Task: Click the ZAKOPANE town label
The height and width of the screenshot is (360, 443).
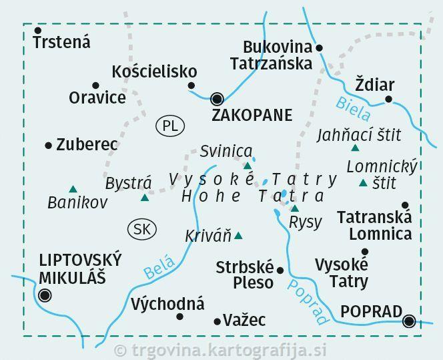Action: pyautogui.click(x=252, y=116)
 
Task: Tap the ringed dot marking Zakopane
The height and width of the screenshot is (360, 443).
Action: pyautogui.click(x=217, y=100)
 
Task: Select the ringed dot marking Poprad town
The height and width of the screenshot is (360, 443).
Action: pyautogui.click(x=410, y=321)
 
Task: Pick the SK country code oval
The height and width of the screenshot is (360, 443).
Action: pyautogui.click(x=141, y=229)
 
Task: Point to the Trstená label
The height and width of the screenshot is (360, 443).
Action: pyautogui.click(x=62, y=42)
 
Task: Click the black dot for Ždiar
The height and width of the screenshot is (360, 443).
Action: pyautogui.click(x=389, y=100)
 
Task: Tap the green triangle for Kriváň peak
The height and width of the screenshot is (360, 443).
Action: pyautogui.click(x=238, y=235)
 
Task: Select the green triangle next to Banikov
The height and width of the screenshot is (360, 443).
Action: pyautogui.click(x=73, y=189)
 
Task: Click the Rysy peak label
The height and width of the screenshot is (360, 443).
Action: pyautogui.click(x=306, y=222)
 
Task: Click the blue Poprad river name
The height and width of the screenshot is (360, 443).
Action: pyautogui.click(x=310, y=301)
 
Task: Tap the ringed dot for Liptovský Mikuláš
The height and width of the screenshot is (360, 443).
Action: pyautogui.click(x=45, y=295)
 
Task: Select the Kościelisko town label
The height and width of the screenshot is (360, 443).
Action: pyautogui.click(x=155, y=71)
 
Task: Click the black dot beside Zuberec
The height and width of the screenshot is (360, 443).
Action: pyautogui.click(x=48, y=145)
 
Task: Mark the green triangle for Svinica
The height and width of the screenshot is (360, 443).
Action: pyautogui.click(x=248, y=166)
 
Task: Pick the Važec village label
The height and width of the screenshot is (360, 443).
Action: pyautogui.click(x=244, y=321)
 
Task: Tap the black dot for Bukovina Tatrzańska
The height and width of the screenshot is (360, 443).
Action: pyautogui.click(x=319, y=47)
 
